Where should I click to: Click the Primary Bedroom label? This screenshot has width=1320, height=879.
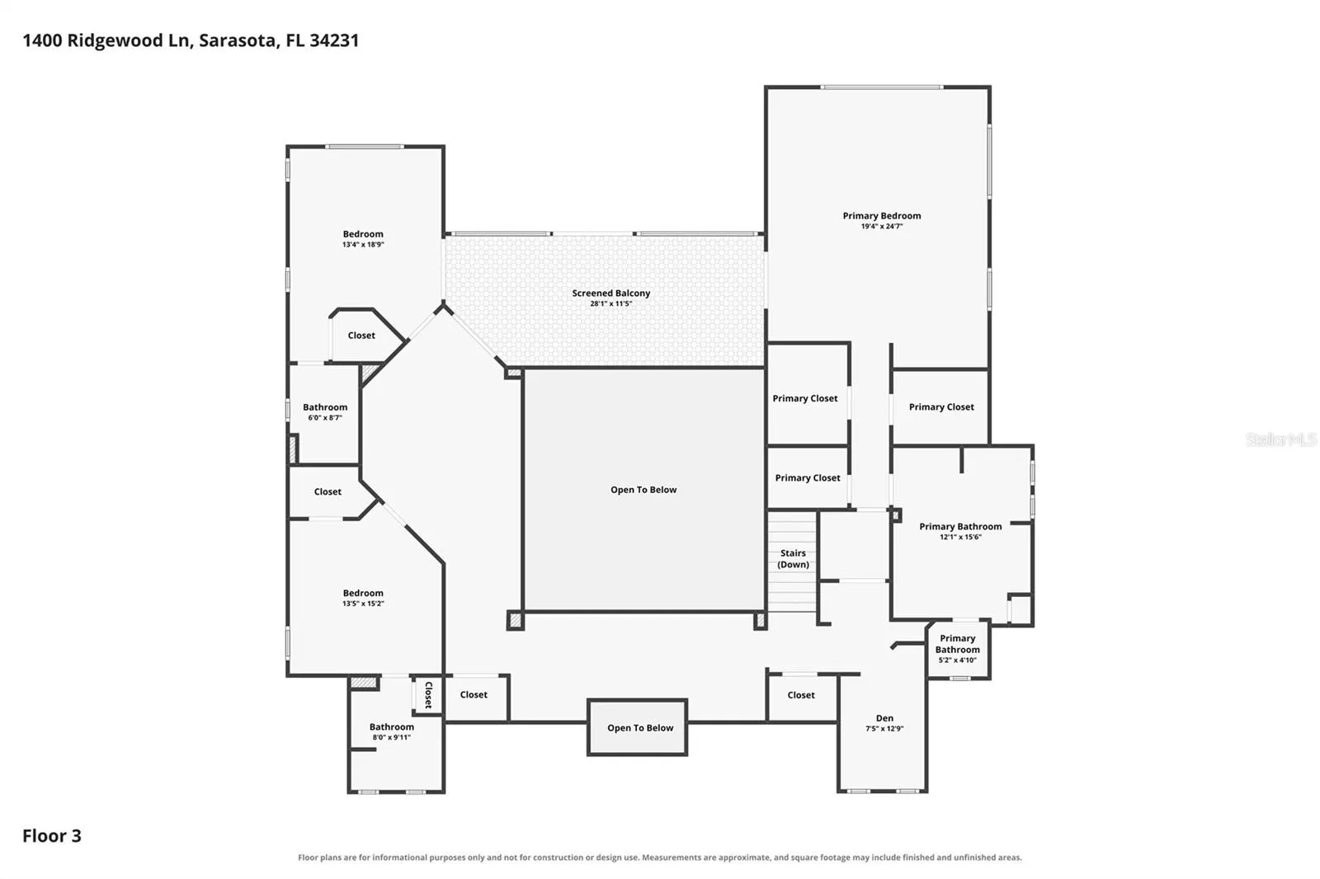tap(882, 215)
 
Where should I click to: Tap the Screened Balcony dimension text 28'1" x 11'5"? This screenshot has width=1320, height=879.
tap(611, 303)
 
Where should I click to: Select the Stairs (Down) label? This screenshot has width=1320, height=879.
tap(793, 558)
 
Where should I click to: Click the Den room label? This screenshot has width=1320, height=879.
tap(884, 717)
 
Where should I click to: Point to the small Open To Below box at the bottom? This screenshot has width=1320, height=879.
tap(638, 727)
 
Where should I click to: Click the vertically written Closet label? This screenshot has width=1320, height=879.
tap(428, 695)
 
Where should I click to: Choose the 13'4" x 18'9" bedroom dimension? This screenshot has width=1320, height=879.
tap(363, 245)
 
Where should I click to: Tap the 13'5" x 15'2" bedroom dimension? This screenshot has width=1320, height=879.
tap(363, 604)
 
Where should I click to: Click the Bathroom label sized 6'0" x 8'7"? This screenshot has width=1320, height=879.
tap(325, 407)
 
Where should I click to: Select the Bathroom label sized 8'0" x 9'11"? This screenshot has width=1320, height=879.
tap(392, 727)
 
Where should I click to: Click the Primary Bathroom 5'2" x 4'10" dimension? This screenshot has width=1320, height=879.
tap(958, 660)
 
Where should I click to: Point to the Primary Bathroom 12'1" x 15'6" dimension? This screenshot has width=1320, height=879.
tap(960, 537)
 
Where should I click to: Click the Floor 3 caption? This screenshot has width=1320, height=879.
tap(52, 835)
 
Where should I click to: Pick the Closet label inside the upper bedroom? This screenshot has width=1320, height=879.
tap(361, 336)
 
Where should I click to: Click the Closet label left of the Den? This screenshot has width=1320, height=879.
tap(801, 695)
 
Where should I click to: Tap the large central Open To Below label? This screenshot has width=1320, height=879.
tap(643, 490)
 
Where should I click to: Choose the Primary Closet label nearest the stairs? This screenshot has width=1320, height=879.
tap(808, 477)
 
